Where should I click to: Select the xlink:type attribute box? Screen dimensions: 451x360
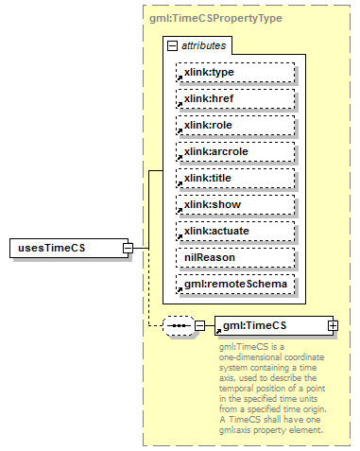click(235, 72)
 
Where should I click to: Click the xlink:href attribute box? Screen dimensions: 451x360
click(235, 98)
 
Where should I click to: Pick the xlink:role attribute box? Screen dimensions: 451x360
click(235, 125)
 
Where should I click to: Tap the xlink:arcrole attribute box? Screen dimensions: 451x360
click(235, 151)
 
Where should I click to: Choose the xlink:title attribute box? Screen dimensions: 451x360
click(235, 178)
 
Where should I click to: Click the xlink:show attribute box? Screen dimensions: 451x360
click(235, 204)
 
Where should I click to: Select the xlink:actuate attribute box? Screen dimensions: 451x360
click(235, 231)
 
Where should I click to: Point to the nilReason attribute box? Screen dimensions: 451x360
click(235, 257)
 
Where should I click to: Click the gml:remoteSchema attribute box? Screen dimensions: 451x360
click(235, 284)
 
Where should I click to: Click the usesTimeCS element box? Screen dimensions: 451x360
click(66, 248)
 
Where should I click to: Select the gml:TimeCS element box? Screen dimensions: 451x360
click(269, 326)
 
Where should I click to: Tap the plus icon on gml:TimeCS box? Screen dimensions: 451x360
click(333, 326)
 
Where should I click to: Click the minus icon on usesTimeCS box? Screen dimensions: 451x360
click(128, 248)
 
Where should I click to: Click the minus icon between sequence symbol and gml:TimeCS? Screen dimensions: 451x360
click(199, 326)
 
